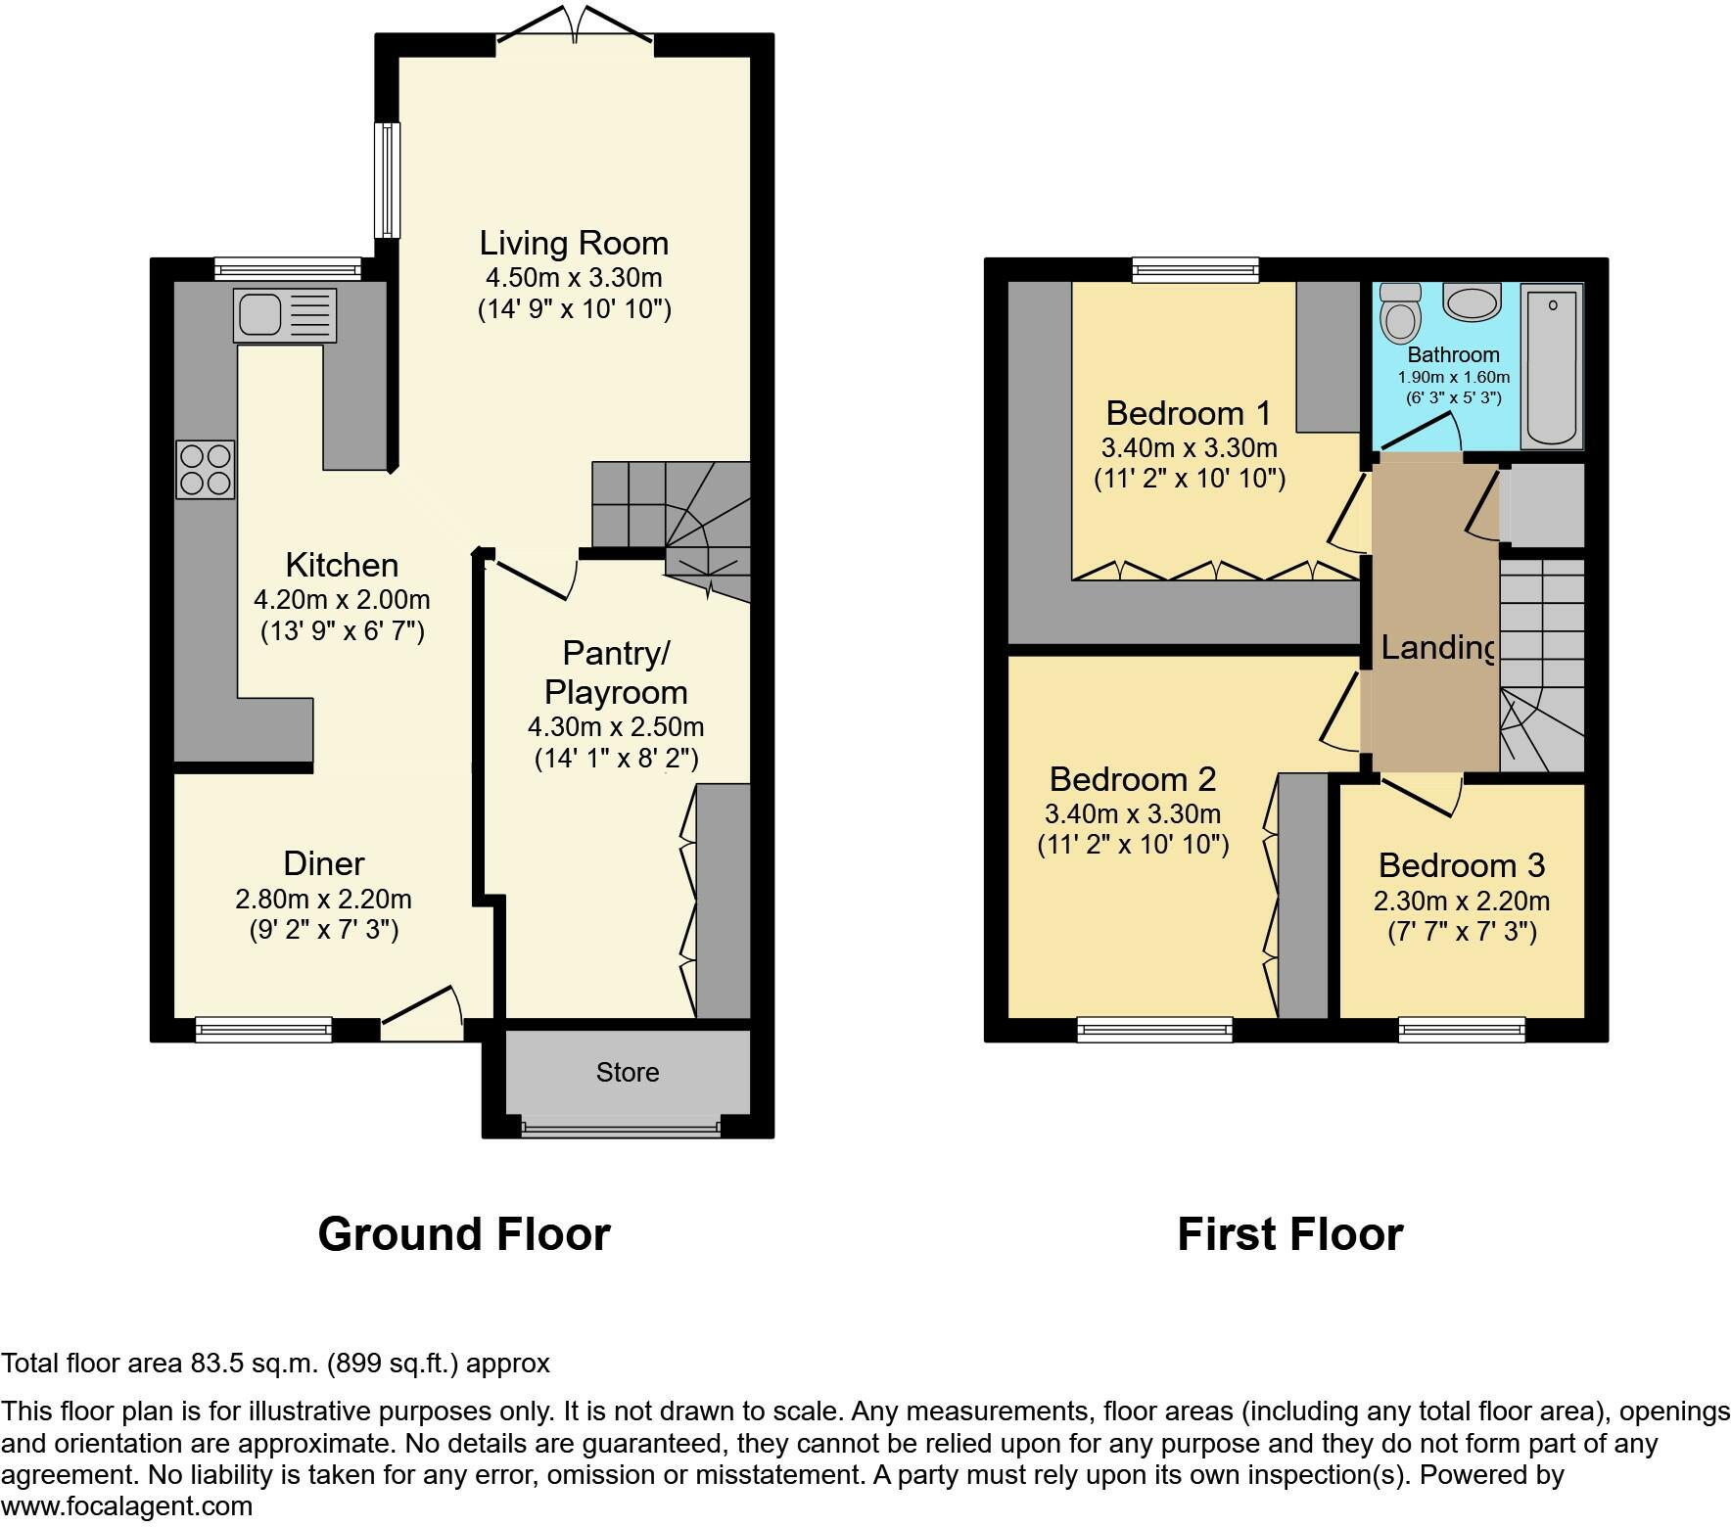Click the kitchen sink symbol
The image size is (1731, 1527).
click(284, 314)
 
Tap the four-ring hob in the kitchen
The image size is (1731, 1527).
click(206, 469)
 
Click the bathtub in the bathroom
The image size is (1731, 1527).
click(1551, 365)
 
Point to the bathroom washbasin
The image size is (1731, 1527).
click(1473, 302)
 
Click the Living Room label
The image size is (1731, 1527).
click(574, 243)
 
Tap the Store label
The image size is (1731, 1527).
click(628, 1073)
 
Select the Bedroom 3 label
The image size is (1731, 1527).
click(1461, 865)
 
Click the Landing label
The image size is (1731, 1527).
click(1437, 647)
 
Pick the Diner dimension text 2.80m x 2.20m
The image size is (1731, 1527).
click(323, 899)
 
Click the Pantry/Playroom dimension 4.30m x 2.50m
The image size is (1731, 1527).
click(616, 727)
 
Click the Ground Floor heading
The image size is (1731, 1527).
click(464, 1234)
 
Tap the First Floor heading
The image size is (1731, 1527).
click(1289, 1234)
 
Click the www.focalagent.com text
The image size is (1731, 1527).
click(126, 1505)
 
